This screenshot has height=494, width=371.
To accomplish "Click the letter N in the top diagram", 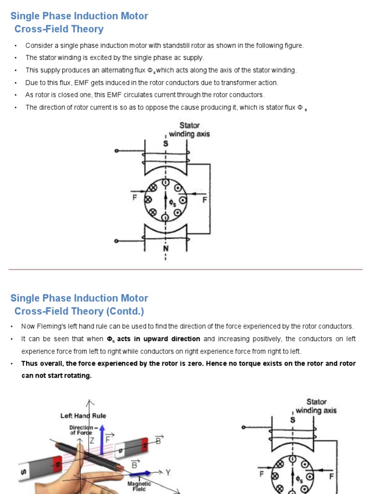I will click(166, 248).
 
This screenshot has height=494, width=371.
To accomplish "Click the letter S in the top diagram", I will click(166, 144).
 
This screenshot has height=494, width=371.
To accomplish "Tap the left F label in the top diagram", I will click(135, 198).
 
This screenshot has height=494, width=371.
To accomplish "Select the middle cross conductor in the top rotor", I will click(148, 199).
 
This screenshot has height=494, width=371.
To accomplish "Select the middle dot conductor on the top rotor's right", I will click(182, 199).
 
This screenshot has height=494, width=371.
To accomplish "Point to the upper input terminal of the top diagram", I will click(116, 151).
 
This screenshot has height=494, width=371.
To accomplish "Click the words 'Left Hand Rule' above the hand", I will click(83, 415).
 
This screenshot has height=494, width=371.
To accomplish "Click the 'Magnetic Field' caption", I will click(139, 486).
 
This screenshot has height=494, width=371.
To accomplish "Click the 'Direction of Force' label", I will click(81, 430).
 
